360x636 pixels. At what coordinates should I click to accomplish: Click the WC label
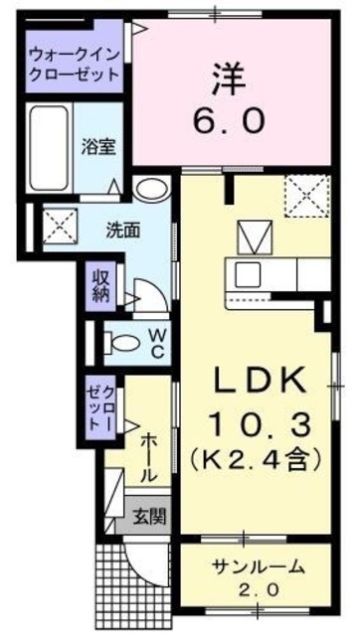click(x=157, y=342)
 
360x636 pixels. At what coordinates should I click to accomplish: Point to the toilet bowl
click(x=122, y=343)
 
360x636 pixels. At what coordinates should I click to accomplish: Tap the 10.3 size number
click(x=260, y=424)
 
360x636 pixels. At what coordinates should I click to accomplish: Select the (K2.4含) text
click(x=260, y=459)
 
